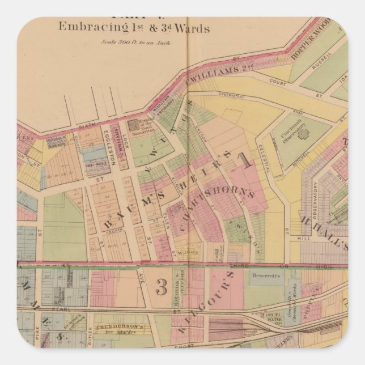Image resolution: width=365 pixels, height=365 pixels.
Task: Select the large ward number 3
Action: click(x=161, y=287)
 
